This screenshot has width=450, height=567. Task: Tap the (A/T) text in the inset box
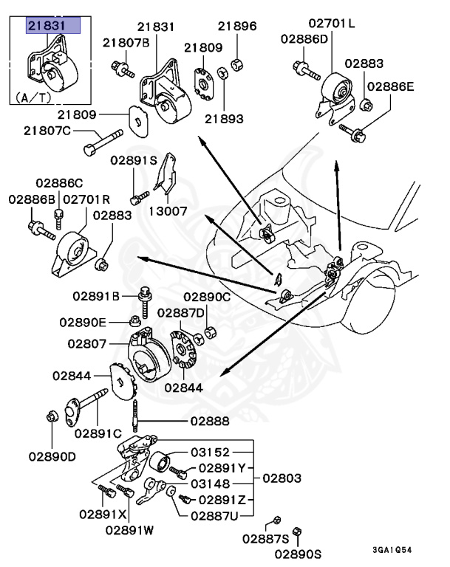pos(33,96)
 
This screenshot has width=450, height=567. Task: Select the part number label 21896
pos(237,26)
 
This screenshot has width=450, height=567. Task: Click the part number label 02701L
pos(332,23)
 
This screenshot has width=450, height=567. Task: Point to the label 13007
pos(170,210)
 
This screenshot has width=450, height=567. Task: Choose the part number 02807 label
pos(89,343)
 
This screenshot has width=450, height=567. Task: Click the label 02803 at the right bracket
pos(282,478)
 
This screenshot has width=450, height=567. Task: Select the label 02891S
pos(134,159)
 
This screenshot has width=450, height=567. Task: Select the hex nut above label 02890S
pos(297,532)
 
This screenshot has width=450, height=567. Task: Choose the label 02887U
pos(215,515)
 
